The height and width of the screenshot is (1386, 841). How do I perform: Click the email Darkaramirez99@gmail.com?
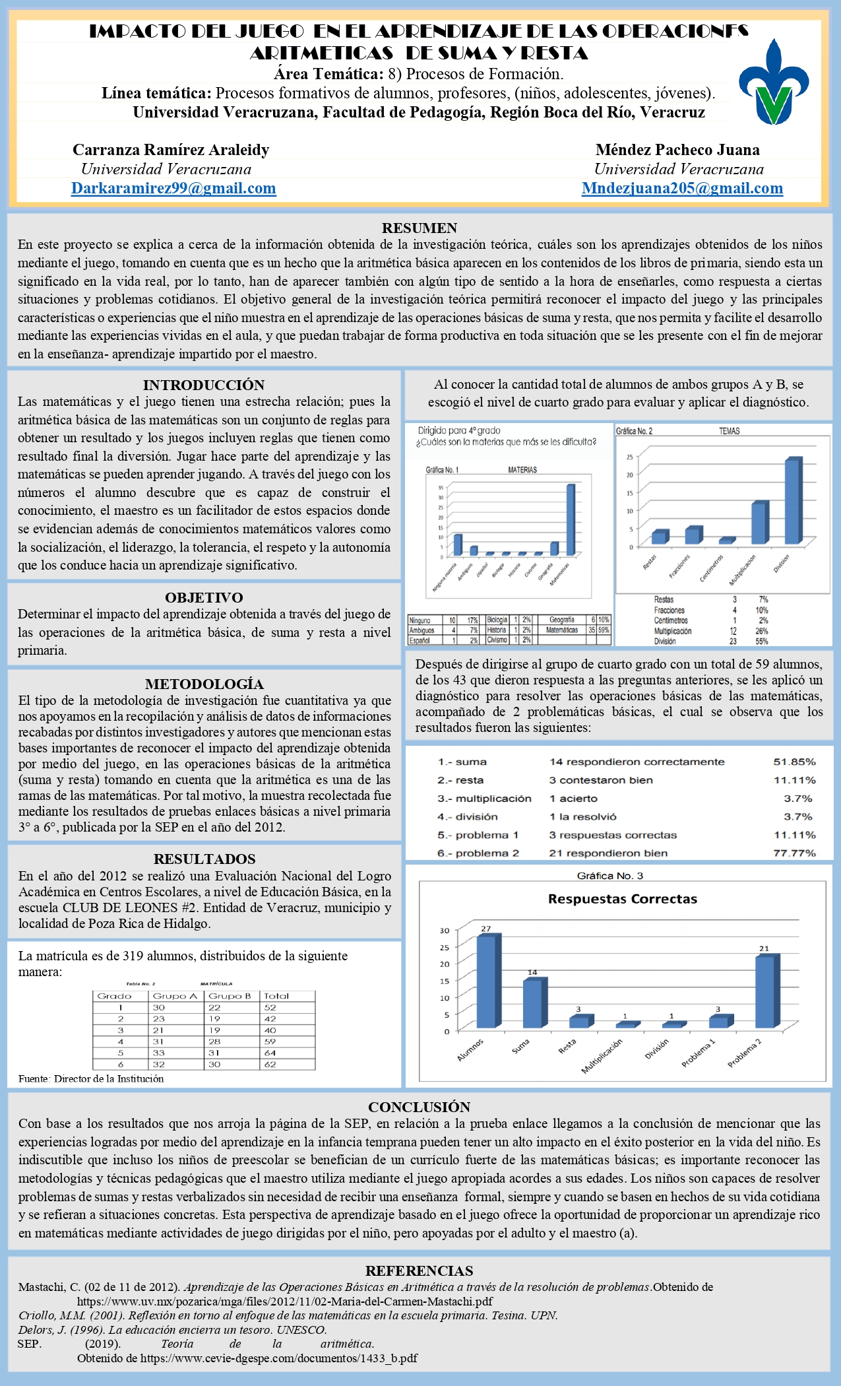(x=173, y=189)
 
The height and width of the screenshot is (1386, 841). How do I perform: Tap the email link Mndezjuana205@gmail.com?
(x=682, y=189)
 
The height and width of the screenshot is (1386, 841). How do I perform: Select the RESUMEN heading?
(x=420, y=228)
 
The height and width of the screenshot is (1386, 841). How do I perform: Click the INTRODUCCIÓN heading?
(x=204, y=385)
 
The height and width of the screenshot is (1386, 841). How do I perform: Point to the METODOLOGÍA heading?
(x=204, y=684)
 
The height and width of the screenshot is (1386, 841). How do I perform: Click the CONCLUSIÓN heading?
(x=420, y=1107)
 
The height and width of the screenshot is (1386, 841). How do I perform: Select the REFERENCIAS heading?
(x=420, y=1270)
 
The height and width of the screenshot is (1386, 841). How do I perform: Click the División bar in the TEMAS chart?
(x=792, y=502)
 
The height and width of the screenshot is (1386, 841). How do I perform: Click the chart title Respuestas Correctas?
(x=623, y=899)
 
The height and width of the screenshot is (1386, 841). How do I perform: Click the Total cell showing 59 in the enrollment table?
(x=270, y=1041)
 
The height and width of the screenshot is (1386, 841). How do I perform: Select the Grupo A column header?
(x=175, y=996)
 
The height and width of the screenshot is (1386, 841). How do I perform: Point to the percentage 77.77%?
(x=794, y=853)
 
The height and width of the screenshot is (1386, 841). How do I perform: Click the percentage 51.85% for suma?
(x=794, y=762)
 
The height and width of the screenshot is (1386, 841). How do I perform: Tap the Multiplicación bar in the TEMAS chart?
(x=759, y=523)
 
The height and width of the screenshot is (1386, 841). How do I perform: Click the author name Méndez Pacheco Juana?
(x=677, y=150)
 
